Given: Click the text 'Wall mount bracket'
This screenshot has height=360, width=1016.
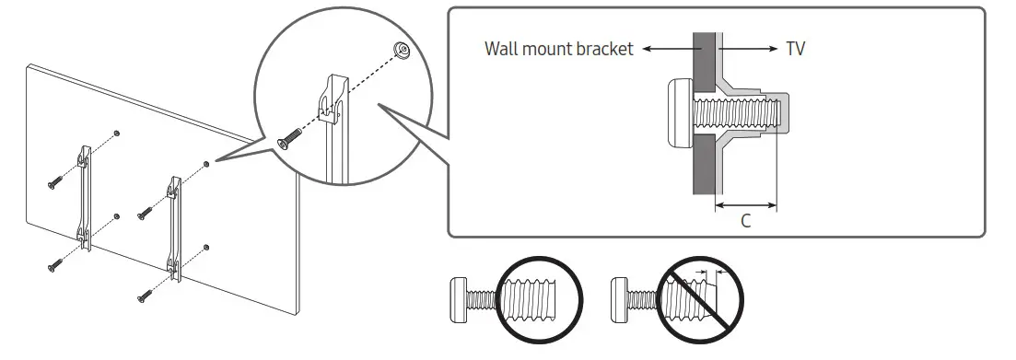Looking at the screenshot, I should pyautogui.click(x=559, y=49).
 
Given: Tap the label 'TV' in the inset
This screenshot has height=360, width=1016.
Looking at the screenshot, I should pyautogui.click(x=795, y=49).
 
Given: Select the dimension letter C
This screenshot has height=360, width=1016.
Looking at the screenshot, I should pyautogui.click(x=745, y=222).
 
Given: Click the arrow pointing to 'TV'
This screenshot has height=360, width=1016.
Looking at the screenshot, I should pyautogui.click(x=748, y=49).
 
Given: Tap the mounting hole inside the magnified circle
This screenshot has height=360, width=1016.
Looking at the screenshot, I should pyautogui.click(x=403, y=50).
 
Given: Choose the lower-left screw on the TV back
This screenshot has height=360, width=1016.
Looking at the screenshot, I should pyautogui.click(x=53, y=265).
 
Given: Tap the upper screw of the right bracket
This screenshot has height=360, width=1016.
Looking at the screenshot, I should pyautogui.click(x=144, y=215).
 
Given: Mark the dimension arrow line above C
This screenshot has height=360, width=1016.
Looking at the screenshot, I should pyautogui.click(x=745, y=205).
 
